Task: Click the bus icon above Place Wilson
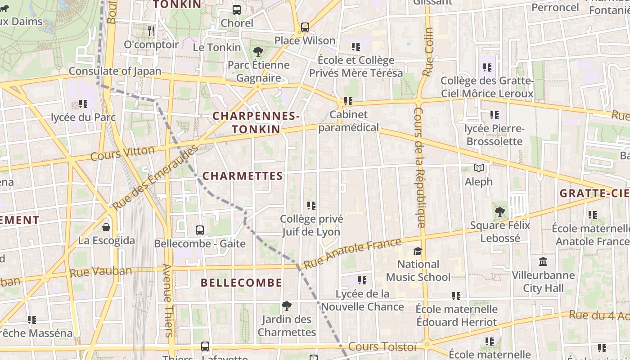point(305,27)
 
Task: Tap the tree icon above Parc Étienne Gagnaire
point(258,51)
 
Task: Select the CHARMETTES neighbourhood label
point(243,176)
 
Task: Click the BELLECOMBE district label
point(242,283)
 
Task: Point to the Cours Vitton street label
point(122,153)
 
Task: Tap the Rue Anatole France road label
point(352,253)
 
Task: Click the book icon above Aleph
point(479,168)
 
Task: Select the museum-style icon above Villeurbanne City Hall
point(543,261)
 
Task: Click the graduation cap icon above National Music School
point(418,251)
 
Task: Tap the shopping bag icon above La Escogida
point(106,227)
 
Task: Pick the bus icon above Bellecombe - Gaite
point(200,230)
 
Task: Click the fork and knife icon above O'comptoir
point(151,31)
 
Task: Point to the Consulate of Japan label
point(115,71)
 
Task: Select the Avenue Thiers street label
point(167,300)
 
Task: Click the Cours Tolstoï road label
point(382,347)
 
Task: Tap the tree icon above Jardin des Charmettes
point(286,306)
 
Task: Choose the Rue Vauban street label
point(101,271)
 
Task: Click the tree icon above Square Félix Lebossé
point(499,211)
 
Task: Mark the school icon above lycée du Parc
point(83,104)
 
